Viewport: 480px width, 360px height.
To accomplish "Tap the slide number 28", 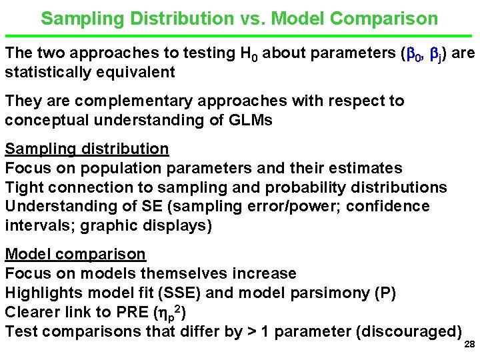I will click(x=469, y=345).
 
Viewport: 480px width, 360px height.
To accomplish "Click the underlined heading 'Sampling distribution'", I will click(x=87, y=149).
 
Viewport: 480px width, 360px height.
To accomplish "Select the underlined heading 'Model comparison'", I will click(x=75, y=254).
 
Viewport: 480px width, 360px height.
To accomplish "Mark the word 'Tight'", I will click(x=25, y=187).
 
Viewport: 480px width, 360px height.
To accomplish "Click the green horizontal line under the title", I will click(x=240, y=35).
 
